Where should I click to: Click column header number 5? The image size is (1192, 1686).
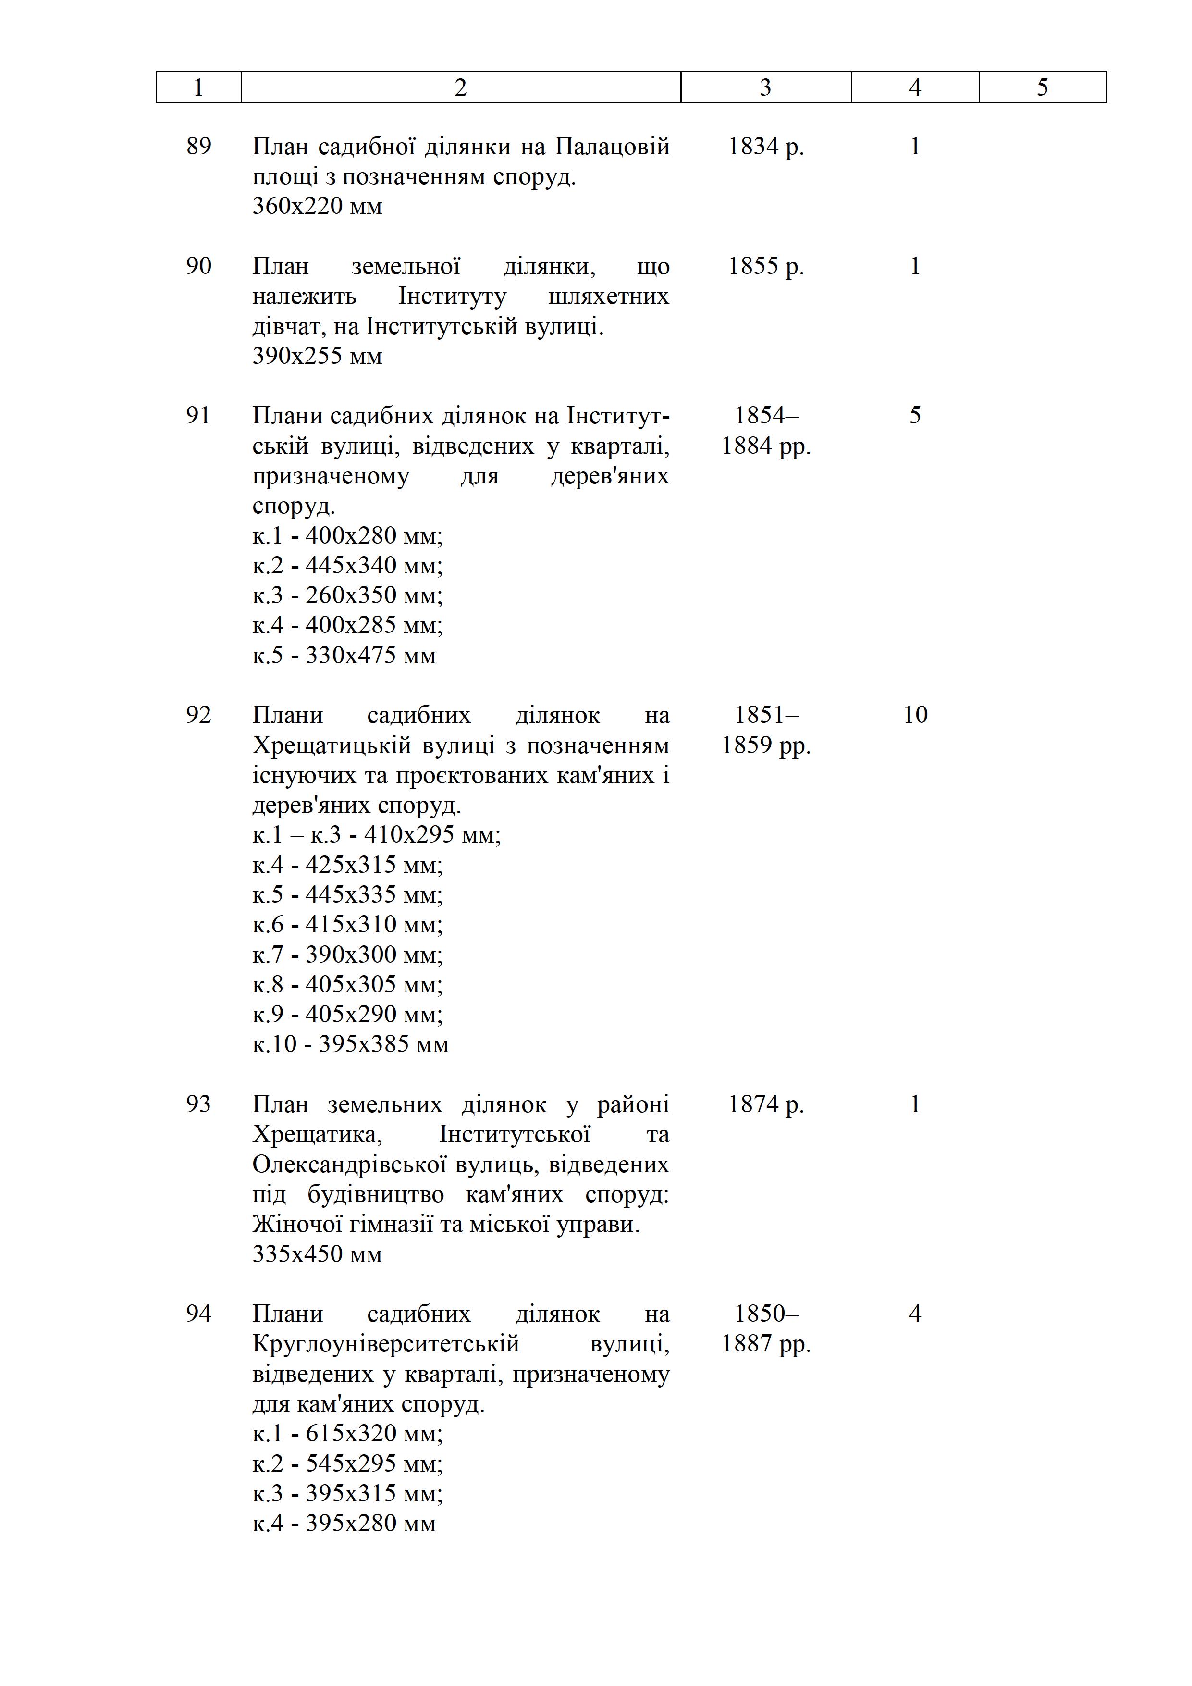[x=1042, y=87]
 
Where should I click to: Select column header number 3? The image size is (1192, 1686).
[x=765, y=87]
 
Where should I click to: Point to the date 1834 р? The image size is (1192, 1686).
[x=765, y=146]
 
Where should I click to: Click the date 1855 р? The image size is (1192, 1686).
[x=765, y=266]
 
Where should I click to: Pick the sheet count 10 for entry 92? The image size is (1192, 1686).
[x=915, y=715]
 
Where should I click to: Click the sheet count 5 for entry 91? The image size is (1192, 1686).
[x=915, y=416]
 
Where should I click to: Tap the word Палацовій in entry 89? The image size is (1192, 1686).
[x=612, y=146]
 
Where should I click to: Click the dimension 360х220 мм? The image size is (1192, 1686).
[x=317, y=206]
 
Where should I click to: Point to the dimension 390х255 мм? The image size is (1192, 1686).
[x=317, y=356]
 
